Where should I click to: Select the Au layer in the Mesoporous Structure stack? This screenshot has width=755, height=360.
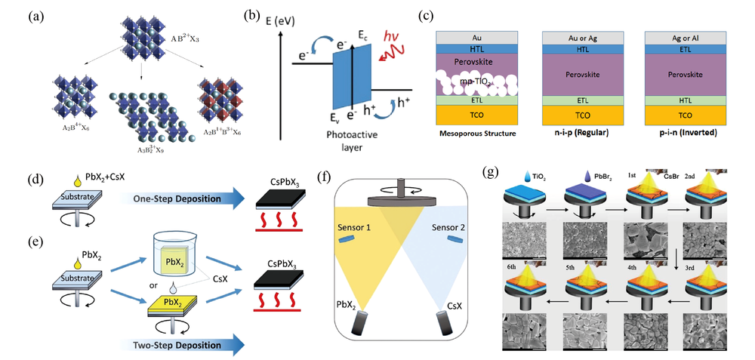tap(476, 35)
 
